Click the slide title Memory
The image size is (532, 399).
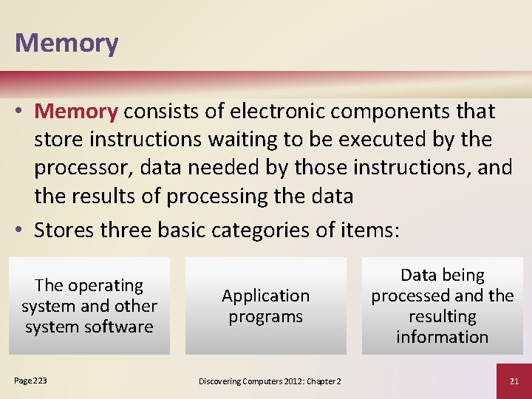(66, 42)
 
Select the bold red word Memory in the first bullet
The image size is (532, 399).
(76, 112)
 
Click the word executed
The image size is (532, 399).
(414, 140)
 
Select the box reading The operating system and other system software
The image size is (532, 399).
(89, 306)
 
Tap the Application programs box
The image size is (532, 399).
(266, 306)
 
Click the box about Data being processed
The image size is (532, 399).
(442, 306)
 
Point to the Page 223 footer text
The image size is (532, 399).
(30, 380)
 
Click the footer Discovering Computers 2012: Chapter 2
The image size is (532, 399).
(270, 381)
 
